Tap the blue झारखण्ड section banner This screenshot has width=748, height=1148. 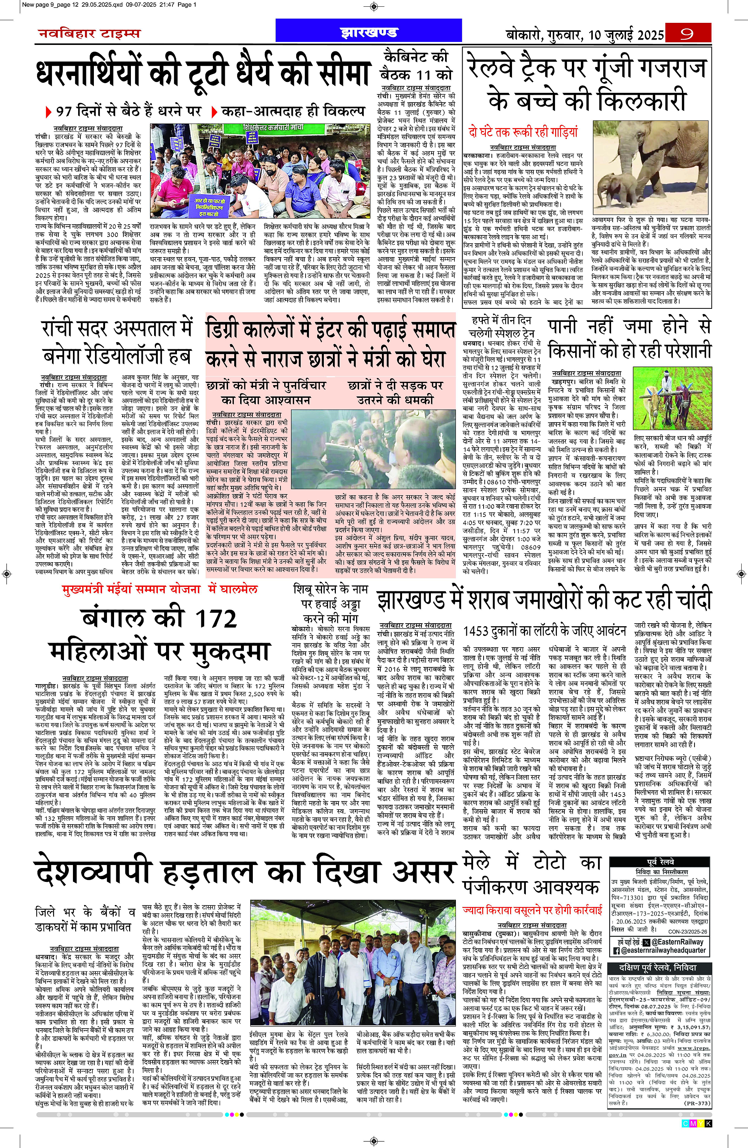pos(369,33)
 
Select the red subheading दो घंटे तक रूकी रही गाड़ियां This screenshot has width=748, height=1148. pos(523,132)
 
